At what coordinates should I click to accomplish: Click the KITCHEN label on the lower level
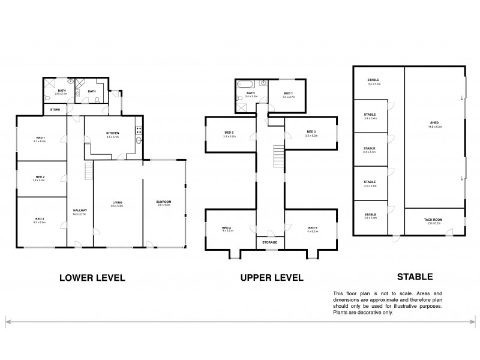coord(112,133)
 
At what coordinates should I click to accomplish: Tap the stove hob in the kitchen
coord(139,128)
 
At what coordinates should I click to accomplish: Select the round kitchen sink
coord(139,142)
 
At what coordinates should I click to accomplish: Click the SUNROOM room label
coord(164,203)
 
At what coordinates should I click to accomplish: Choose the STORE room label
coord(55,110)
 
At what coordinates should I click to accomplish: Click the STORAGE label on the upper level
coord(270,242)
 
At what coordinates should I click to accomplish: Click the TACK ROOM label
coord(434,221)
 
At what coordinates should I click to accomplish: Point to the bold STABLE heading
coord(415,277)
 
